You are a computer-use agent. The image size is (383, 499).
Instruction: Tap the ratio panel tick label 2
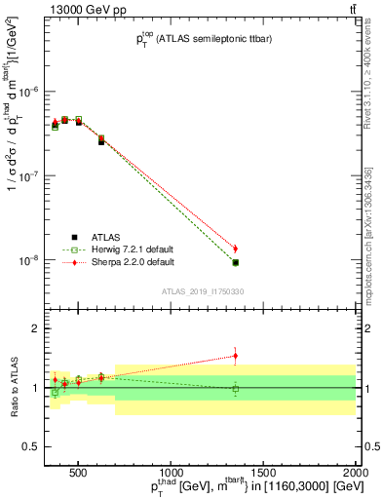[35, 329]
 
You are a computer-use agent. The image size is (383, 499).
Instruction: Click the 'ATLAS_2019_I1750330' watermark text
[202, 291]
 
